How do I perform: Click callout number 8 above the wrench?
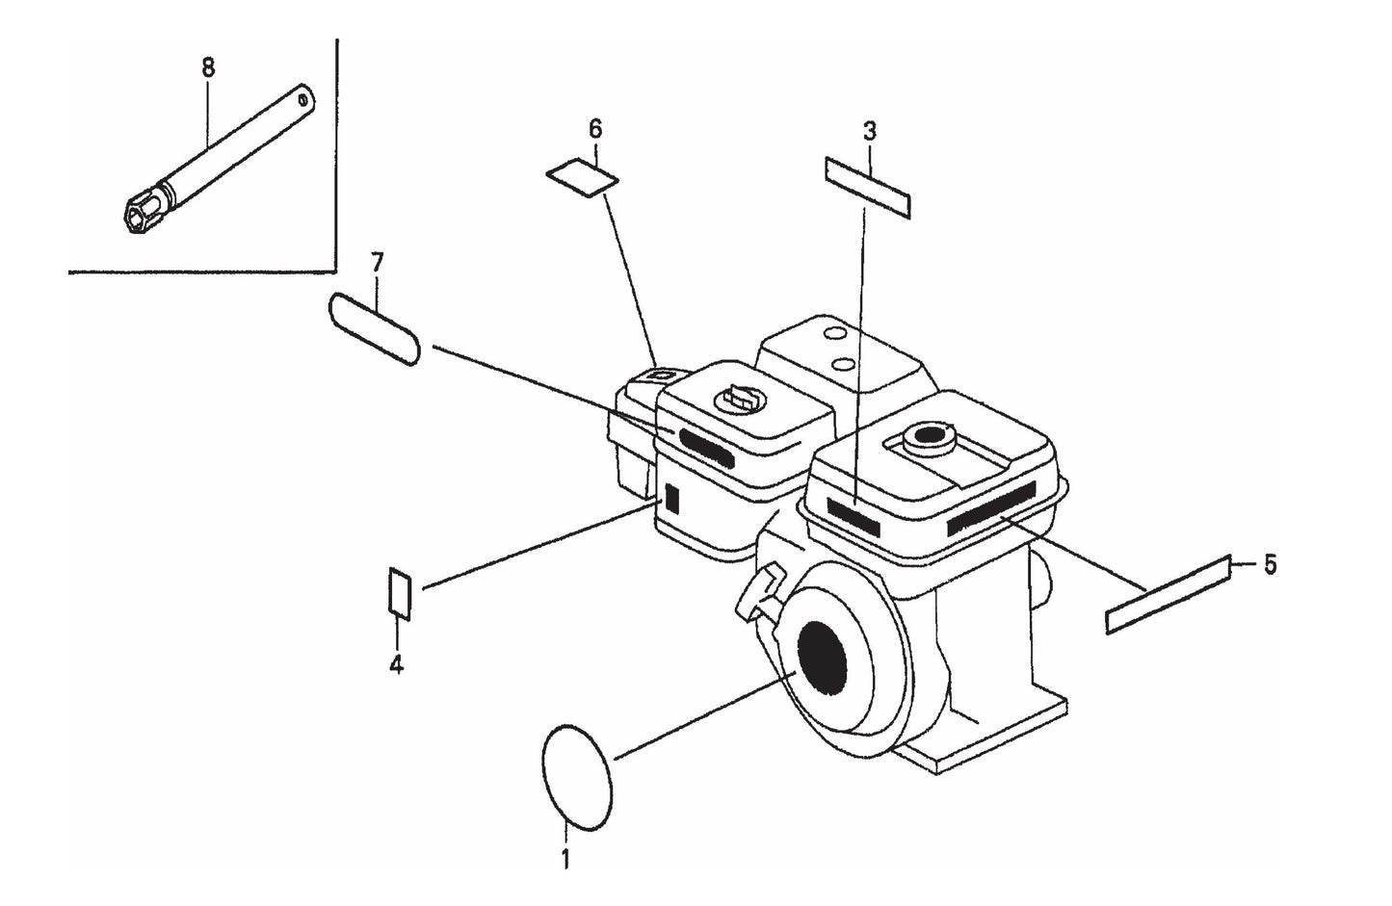pos(208,67)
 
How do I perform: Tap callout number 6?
pos(594,128)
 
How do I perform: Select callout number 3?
pos(869,131)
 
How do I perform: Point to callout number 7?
pos(377,262)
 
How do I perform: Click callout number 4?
pos(396,664)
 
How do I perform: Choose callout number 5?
pos(1269,564)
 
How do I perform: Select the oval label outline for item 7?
pos(375,329)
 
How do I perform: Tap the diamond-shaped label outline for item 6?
pos(582,178)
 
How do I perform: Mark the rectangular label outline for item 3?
pos(867,188)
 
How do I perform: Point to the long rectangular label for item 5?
pos(1169,595)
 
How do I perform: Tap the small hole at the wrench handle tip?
pos(304,97)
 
